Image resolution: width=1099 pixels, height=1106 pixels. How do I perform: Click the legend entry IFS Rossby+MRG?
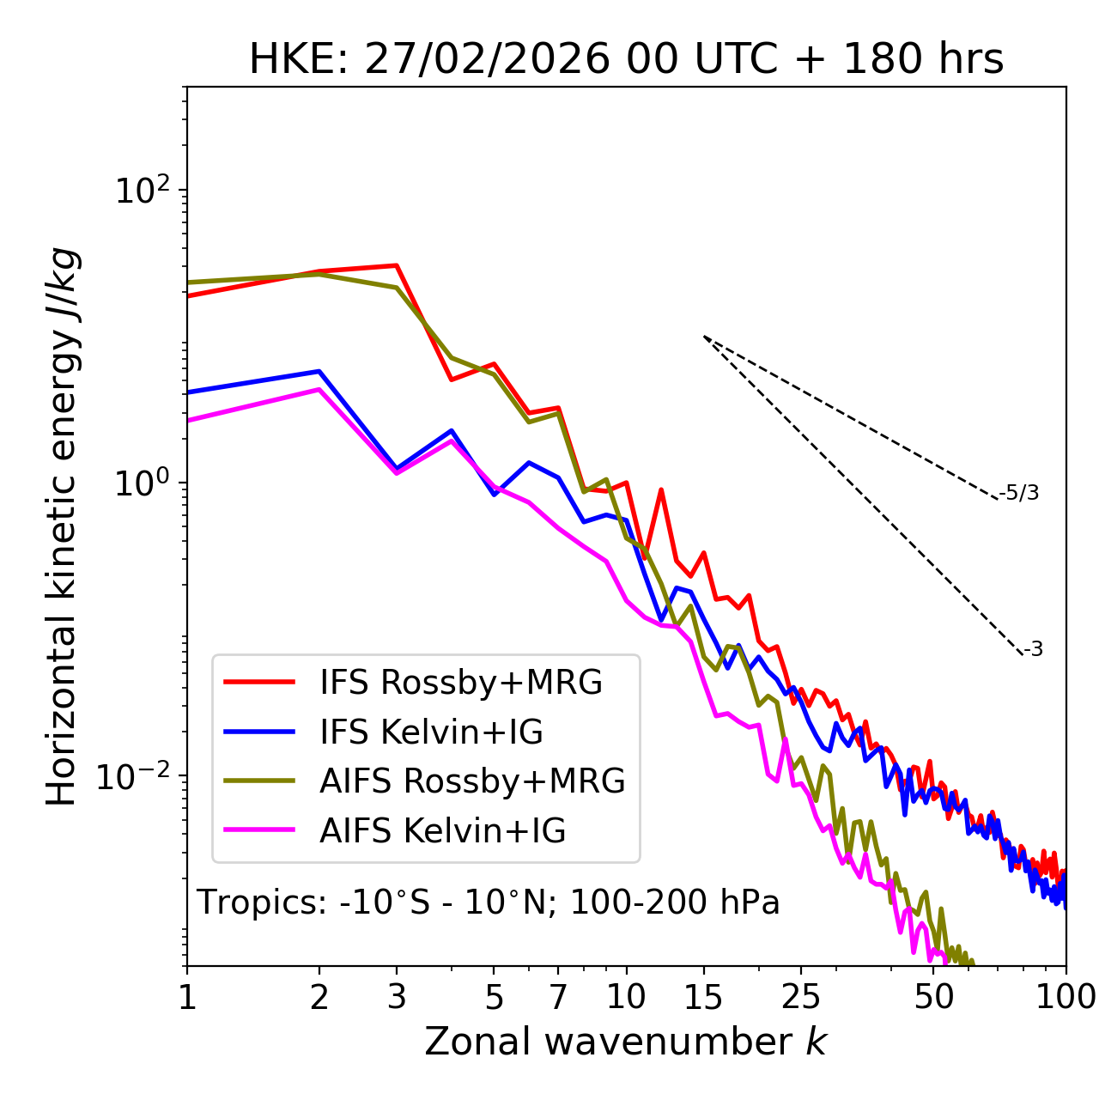[460, 683]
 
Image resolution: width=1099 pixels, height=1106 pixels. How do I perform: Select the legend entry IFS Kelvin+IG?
[431, 732]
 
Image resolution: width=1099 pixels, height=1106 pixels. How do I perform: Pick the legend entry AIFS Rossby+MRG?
[472, 781]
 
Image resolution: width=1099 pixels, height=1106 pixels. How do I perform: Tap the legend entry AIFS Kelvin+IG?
[442, 831]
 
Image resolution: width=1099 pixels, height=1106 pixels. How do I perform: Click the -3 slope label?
[1033, 650]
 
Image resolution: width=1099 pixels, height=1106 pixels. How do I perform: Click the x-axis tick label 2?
[319, 997]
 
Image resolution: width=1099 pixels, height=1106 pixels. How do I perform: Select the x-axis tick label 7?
[558, 997]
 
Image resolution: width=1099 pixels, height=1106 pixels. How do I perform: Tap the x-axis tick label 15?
[703, 997]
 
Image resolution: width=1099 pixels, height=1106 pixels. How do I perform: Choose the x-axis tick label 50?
[933, 997]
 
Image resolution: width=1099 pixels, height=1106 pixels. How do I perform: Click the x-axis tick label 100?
[1064, 997]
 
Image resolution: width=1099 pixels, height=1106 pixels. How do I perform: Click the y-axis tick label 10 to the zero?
[143, 483]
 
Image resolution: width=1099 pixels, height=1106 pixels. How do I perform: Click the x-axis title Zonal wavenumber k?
[625, 1042]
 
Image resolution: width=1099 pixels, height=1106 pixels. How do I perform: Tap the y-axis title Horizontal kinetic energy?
[62, 527]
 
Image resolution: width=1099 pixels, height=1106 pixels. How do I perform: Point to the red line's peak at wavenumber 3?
[397, 265]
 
